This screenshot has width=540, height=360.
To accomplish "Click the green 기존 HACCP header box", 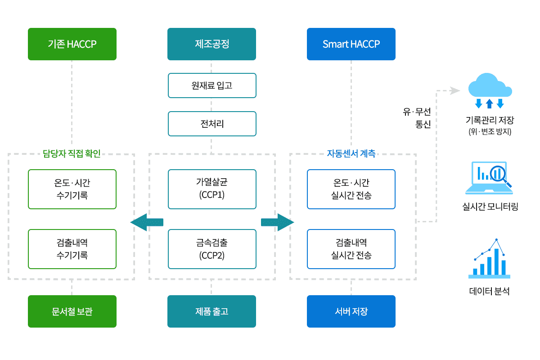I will pos(72,44).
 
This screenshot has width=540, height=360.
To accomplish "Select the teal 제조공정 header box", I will pos(211,44).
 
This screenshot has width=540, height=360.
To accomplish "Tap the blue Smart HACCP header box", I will pos(351,44).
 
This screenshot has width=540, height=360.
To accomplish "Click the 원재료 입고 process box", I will pos(211,85).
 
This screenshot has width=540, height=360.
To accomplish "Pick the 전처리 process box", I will pos(211,124).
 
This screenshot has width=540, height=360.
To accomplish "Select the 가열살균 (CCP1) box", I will pos(211,189).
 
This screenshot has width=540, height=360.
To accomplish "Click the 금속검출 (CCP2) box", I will pos(211,249).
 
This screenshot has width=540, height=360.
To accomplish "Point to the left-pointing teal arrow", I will pos(147,222).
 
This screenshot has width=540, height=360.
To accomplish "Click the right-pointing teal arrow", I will pos(277,222).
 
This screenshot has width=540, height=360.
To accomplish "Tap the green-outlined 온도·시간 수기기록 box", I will pos(72,189).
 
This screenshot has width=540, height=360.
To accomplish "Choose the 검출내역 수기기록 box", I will pos(72,249).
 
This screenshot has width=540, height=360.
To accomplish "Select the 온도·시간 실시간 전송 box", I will pos(351,189).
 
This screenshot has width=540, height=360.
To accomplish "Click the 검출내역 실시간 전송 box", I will pos(351,249).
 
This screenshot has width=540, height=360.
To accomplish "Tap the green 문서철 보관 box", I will pos(72,311).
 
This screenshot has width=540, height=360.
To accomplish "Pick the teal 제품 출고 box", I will pos(211,311).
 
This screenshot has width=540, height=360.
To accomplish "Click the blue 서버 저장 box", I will pos(351,311).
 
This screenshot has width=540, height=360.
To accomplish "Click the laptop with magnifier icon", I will pos(490,178).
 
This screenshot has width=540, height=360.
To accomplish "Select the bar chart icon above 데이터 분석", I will pos(490,259).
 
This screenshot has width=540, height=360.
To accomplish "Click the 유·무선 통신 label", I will pos(417,118).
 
